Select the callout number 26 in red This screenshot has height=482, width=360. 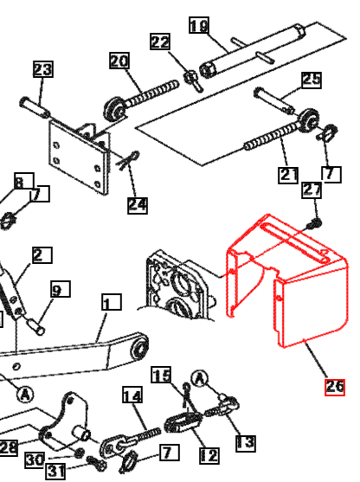click(x=334, y=386)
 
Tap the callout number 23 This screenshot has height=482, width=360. click(x=43, y=69)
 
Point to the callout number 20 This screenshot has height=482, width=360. click(x=119, y=61)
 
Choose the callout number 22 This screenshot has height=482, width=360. click(x=160, y=42)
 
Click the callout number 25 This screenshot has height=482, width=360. click(x=311, y=80)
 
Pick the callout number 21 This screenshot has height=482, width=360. click(x=288, y=175)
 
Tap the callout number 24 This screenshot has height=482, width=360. click(x=138, y=205)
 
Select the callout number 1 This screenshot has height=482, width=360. click(x=110, y=303)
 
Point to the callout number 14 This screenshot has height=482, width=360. click(x=132, y=396)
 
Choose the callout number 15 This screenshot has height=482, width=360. click(x=162, y=375)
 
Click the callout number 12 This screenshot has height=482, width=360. click(x=209, y=455)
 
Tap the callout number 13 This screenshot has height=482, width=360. click(x=246, y=442)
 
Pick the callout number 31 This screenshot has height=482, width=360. click(x=55, y=471)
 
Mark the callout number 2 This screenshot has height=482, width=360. click(x=41, y=254)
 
